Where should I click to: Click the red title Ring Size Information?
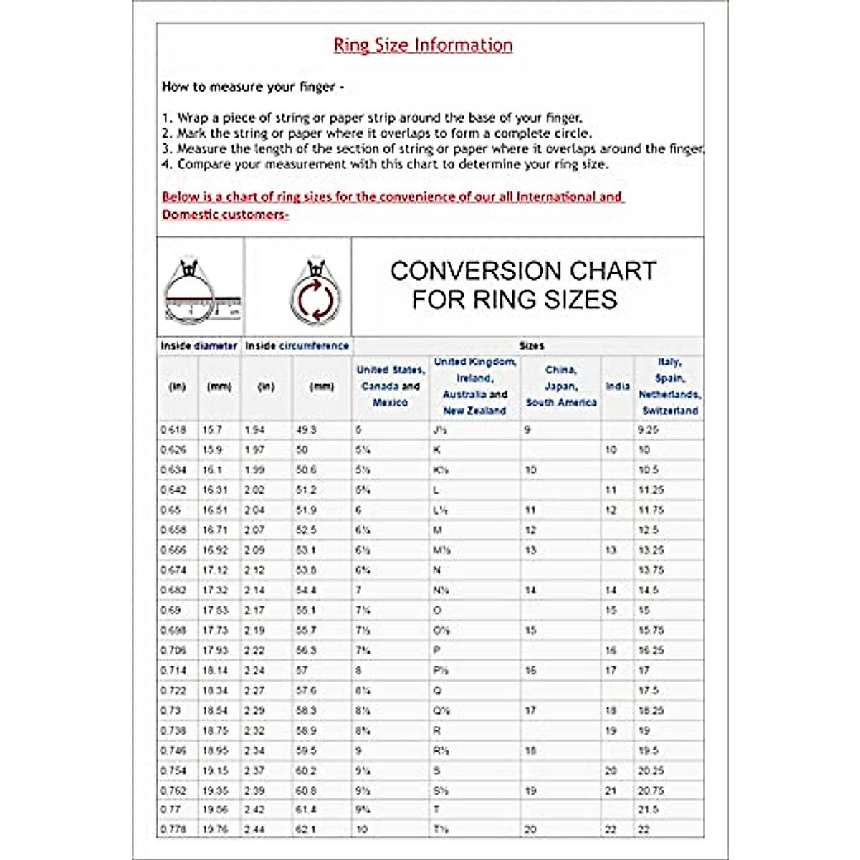tap(423, 45)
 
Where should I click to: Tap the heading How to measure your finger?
tap(252, 87)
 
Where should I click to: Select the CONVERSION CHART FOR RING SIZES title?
tap(523, 285)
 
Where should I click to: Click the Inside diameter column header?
tap(199, 345)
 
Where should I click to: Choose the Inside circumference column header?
tap(297, 345)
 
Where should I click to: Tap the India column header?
tap(617, 386)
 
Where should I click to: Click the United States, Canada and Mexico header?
tap(391, 386)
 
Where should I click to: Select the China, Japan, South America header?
tap(560, 386)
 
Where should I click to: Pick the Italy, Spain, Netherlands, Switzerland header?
tap(669, 386)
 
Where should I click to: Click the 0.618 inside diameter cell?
tap(173, 430)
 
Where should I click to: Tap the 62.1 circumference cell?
tap(305, 829)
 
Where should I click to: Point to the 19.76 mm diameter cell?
tap(215, 829)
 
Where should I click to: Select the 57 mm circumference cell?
tap(302, 671)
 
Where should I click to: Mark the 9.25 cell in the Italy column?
tap(648, 430)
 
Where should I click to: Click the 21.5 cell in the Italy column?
tap(648, 809)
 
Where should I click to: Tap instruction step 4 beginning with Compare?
tap(386, 164)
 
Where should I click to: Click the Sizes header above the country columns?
tap(531, 345)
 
